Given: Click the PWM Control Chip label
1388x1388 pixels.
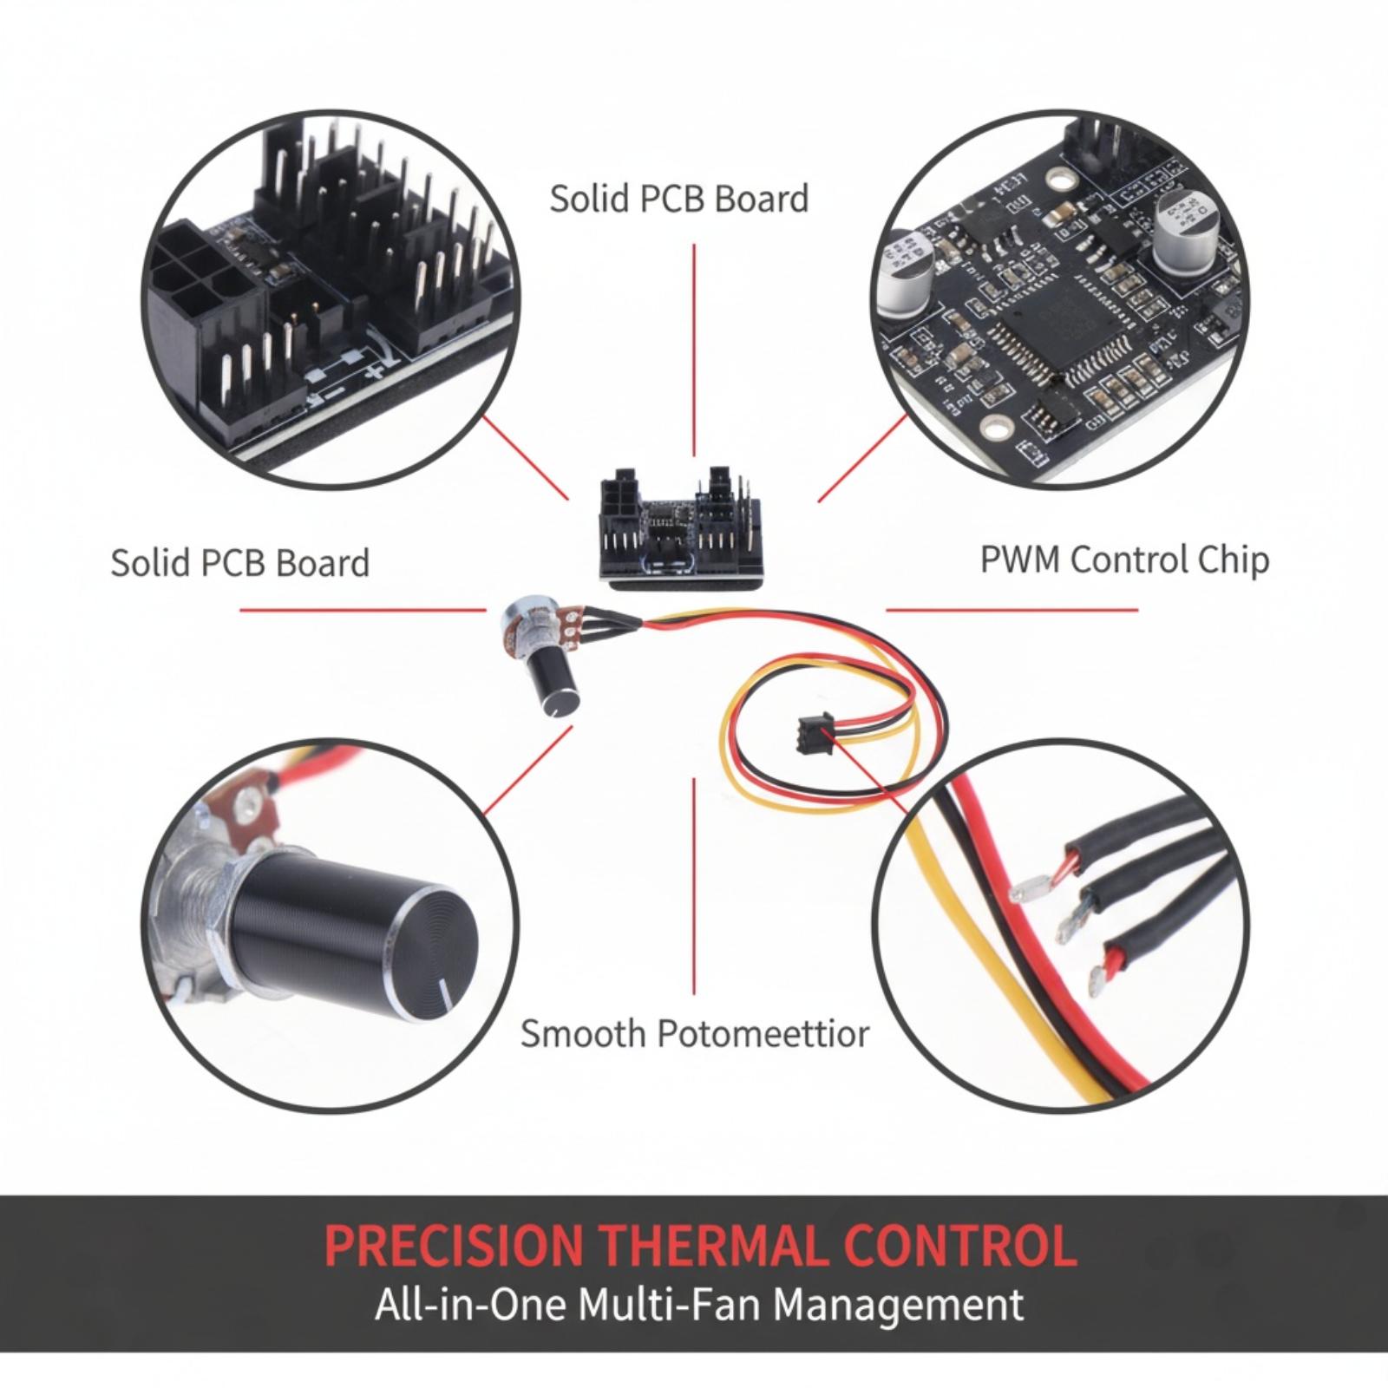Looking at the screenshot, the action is [x=1124, y=561].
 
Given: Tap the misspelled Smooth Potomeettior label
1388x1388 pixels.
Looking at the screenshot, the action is [x=694, y=1034].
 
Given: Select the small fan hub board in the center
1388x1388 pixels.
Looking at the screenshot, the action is [x=685, y=527].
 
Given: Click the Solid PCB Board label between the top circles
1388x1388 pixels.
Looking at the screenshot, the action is [x=679, y=199].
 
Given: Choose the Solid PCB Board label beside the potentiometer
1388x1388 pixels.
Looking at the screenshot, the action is [x=240, y=563].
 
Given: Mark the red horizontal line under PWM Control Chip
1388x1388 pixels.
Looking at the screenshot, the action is [x=1012, y=609].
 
